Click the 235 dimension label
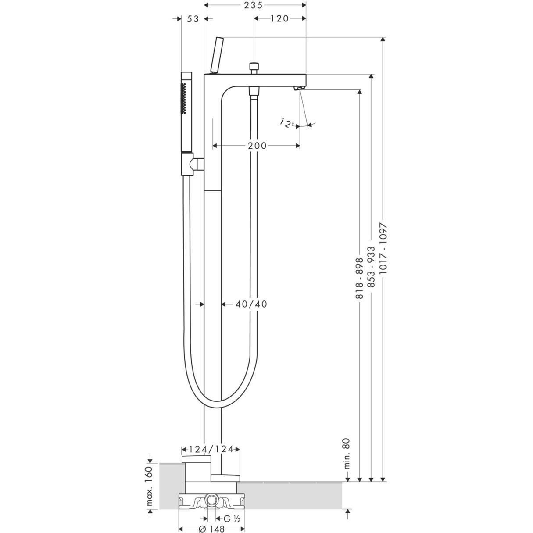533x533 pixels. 254,5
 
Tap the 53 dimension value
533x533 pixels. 193,19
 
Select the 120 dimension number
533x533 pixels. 279,18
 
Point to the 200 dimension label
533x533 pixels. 257,146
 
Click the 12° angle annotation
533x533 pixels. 287,123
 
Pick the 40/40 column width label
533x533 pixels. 251,304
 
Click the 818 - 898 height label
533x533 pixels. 359,278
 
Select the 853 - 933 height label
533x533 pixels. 371,267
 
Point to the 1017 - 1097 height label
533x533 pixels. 383,248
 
